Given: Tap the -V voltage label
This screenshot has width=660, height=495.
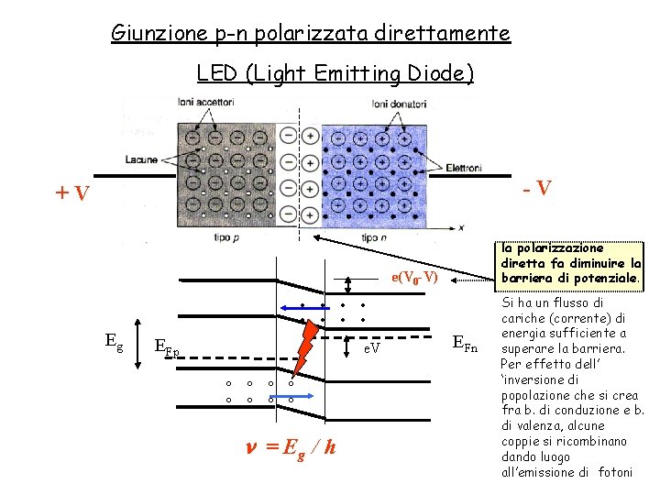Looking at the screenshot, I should pyautogui.click(x=537, y=189).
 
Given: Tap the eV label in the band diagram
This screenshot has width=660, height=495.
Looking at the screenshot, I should pyautogui.click(x=371, y=349).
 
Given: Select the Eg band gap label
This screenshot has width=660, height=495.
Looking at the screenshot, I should pyautogui.click(x=114, y=343).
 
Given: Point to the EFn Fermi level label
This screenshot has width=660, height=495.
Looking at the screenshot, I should pyautogui.click(x=465, y=344).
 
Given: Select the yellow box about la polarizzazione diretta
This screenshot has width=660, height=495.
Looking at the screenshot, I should pyautogui.click(x=569, y=263).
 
